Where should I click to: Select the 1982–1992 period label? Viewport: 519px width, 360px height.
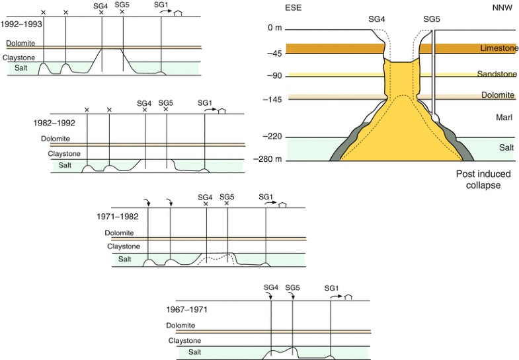point(54,122)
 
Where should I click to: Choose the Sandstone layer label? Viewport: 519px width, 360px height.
point(496,75)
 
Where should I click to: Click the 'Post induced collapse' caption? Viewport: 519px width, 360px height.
point(478,180)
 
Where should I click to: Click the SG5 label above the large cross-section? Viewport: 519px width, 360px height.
point(431,18)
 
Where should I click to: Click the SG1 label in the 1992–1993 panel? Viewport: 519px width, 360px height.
point(161,5)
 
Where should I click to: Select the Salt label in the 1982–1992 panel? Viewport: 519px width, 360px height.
point(65,165)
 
